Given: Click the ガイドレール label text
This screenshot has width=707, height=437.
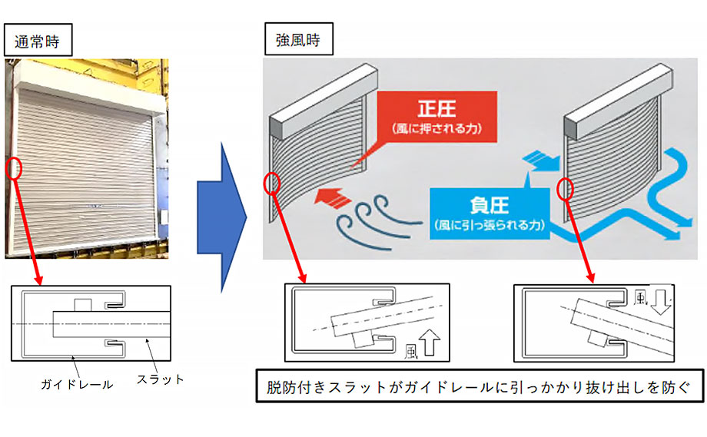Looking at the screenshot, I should click(x=77, y=383).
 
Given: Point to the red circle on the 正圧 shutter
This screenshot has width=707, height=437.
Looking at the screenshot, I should click(x=271, y=183).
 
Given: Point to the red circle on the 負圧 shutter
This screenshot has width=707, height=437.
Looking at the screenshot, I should click(x=566, y=188).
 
